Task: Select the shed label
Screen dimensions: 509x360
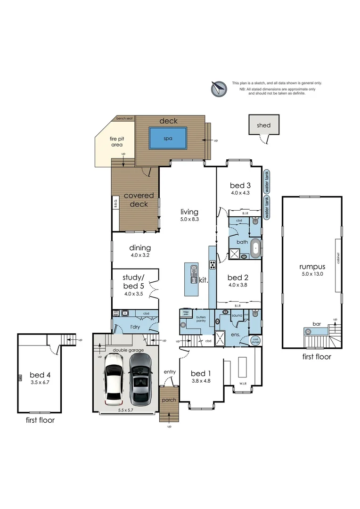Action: [x=263, y=125]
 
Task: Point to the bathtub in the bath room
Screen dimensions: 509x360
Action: [x=255, y=248]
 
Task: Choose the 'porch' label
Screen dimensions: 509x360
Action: [x=169, y=400]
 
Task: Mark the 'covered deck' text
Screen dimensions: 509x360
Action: [x=136, y=200]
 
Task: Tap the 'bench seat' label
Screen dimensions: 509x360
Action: [x=124, y=118]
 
